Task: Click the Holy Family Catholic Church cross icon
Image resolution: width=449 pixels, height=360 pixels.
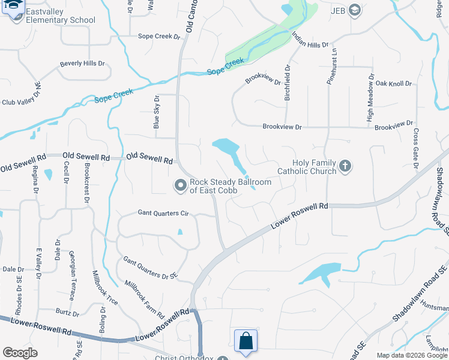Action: (x=345, y=165)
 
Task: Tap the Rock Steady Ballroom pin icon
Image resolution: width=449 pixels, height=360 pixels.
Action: (x=179, y=185)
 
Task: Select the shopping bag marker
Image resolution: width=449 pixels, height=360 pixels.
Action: (x=246, y=341)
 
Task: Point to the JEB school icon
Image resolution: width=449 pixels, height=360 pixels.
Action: (x=355, y=10)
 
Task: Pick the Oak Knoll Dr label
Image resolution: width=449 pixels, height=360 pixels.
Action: (x=393, y=83)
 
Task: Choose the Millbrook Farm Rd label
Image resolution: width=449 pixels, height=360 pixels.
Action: (x=145, y=298)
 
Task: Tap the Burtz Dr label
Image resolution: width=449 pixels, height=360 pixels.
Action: (x=67, y=313)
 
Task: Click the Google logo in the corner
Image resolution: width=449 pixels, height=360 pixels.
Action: (x=20, y=353)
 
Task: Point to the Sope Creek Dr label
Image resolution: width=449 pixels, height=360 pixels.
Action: (x=159, y=37)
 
